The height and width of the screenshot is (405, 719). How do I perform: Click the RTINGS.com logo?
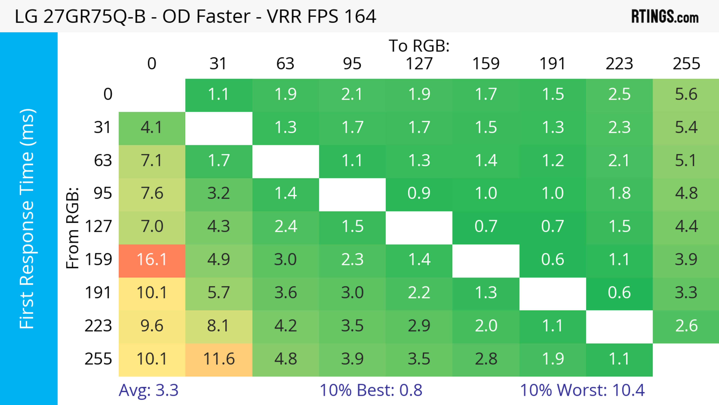coord(665,17)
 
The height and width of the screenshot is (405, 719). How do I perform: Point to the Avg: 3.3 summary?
coord(148,390)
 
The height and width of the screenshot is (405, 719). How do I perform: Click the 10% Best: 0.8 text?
coord(371,390)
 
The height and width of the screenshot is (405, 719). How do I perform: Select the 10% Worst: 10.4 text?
coord(582,390)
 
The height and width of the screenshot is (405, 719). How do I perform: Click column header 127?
coord(419,64)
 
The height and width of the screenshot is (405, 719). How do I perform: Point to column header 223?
coord(619,64)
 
